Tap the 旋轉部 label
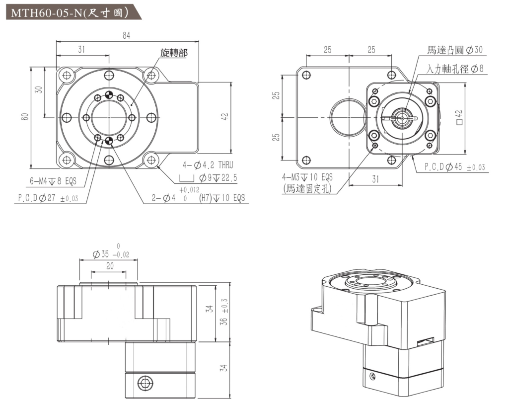(174, 52)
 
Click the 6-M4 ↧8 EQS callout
(53, 181)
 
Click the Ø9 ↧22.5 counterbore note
(218, 178)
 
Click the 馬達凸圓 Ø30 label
(454, 50)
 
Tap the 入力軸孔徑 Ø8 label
(455, 69)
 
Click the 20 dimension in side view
(110, 266)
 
